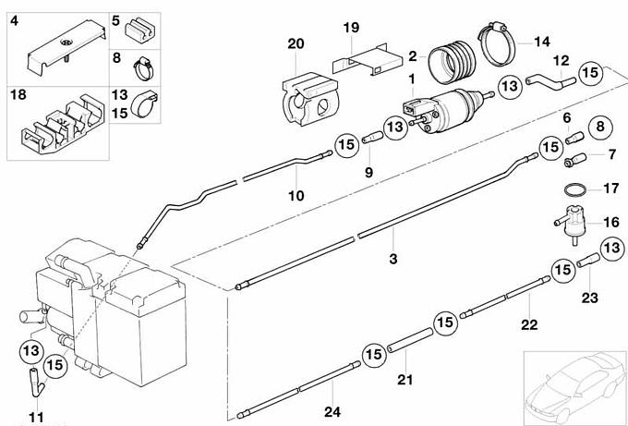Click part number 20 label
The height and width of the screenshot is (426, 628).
(x=296, y=43)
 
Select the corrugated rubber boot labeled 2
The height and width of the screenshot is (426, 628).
(x=453, y=62)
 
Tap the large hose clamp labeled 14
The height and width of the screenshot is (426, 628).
(x=497, y=44)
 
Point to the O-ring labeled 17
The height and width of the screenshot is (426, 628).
(x=576, y=190)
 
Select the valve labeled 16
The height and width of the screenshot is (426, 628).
(x=571, y=224)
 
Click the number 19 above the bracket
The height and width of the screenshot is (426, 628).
(x=351, y=28)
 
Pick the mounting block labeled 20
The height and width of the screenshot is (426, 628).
(x=310, y=99)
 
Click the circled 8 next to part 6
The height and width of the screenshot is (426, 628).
(x=600, y=127)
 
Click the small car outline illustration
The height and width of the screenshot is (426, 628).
(x=575, y=386)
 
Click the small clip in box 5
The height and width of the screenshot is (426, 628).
(x=139, y=30)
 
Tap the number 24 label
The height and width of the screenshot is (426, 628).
(x=332, y=411)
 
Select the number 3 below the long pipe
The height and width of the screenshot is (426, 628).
(x=393, y=259)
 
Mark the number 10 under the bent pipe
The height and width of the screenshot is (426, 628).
(x=296, y=196)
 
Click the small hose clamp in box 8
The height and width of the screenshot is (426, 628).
(x=143, y=69)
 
